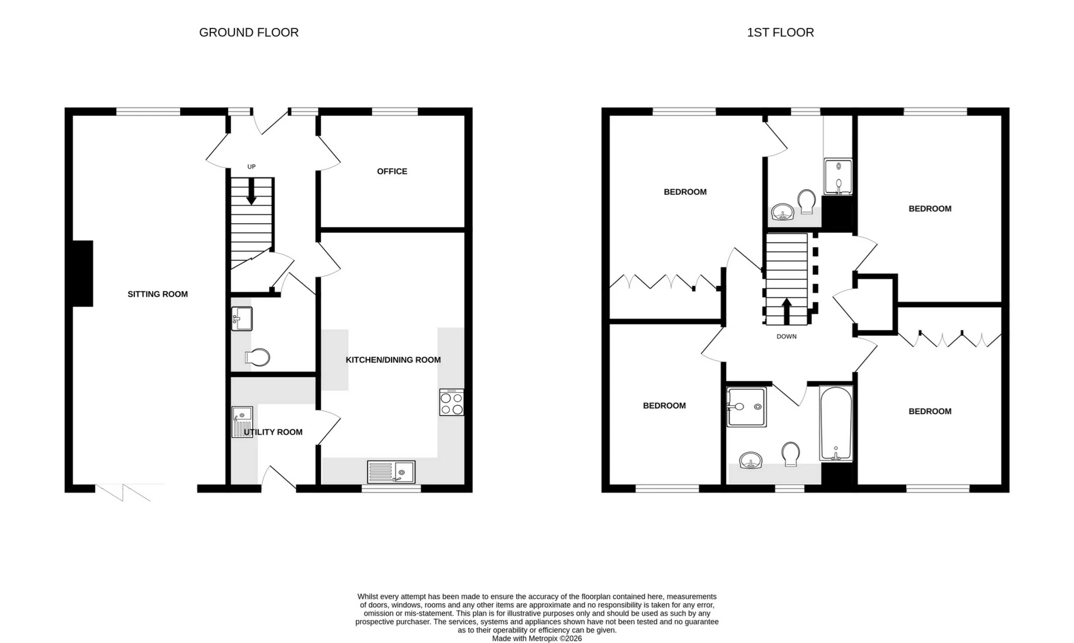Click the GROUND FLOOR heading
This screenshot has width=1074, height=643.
tap(248, 32)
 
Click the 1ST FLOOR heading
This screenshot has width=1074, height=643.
tap(780, 32)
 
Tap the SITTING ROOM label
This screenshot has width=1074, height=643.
tap(157, 294)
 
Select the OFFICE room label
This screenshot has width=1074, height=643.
tap(392, 171)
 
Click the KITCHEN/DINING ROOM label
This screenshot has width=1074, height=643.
tap(393, 360)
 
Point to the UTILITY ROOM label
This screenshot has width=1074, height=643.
tap(273, 432)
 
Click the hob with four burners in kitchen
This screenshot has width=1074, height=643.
tap(451, 403)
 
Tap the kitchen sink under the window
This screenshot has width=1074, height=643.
tap(391, 472)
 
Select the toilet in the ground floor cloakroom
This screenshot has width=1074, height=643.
tap(258, 357)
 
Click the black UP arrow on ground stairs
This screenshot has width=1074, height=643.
tap(251, 191)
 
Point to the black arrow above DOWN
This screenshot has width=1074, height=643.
tap(786, 311)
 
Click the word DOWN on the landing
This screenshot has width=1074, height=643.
tap(786, 336)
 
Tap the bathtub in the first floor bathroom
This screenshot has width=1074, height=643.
tap(836, 423)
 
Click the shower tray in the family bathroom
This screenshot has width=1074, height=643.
tap(746, 407)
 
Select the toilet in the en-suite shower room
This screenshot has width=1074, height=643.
tap(807, 201)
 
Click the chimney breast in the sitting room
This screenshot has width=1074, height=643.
tap(82, 273)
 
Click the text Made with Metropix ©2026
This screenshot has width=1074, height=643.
tap(536, 639)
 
